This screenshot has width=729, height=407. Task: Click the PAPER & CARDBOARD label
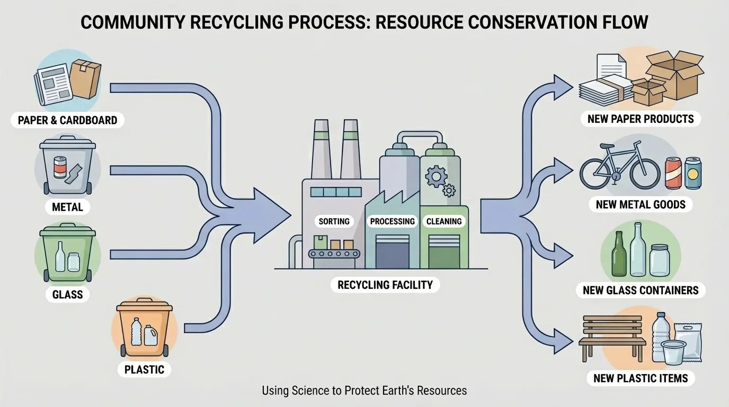tap(67, 120)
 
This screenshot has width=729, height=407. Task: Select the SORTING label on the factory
tap(334, 221)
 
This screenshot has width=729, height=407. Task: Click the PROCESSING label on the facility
tap(392, 221)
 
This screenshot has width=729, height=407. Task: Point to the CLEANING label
tap(444, 221)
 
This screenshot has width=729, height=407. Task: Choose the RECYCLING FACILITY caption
tap(385, 285)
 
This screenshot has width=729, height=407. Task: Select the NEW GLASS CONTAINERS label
tap(641, 290)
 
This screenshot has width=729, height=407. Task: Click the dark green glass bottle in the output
tap(618, 255)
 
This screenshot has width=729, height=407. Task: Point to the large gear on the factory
tap(435, 175)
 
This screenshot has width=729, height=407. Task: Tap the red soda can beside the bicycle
tap(672, 172)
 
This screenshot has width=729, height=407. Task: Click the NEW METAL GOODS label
tap(641, 205)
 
